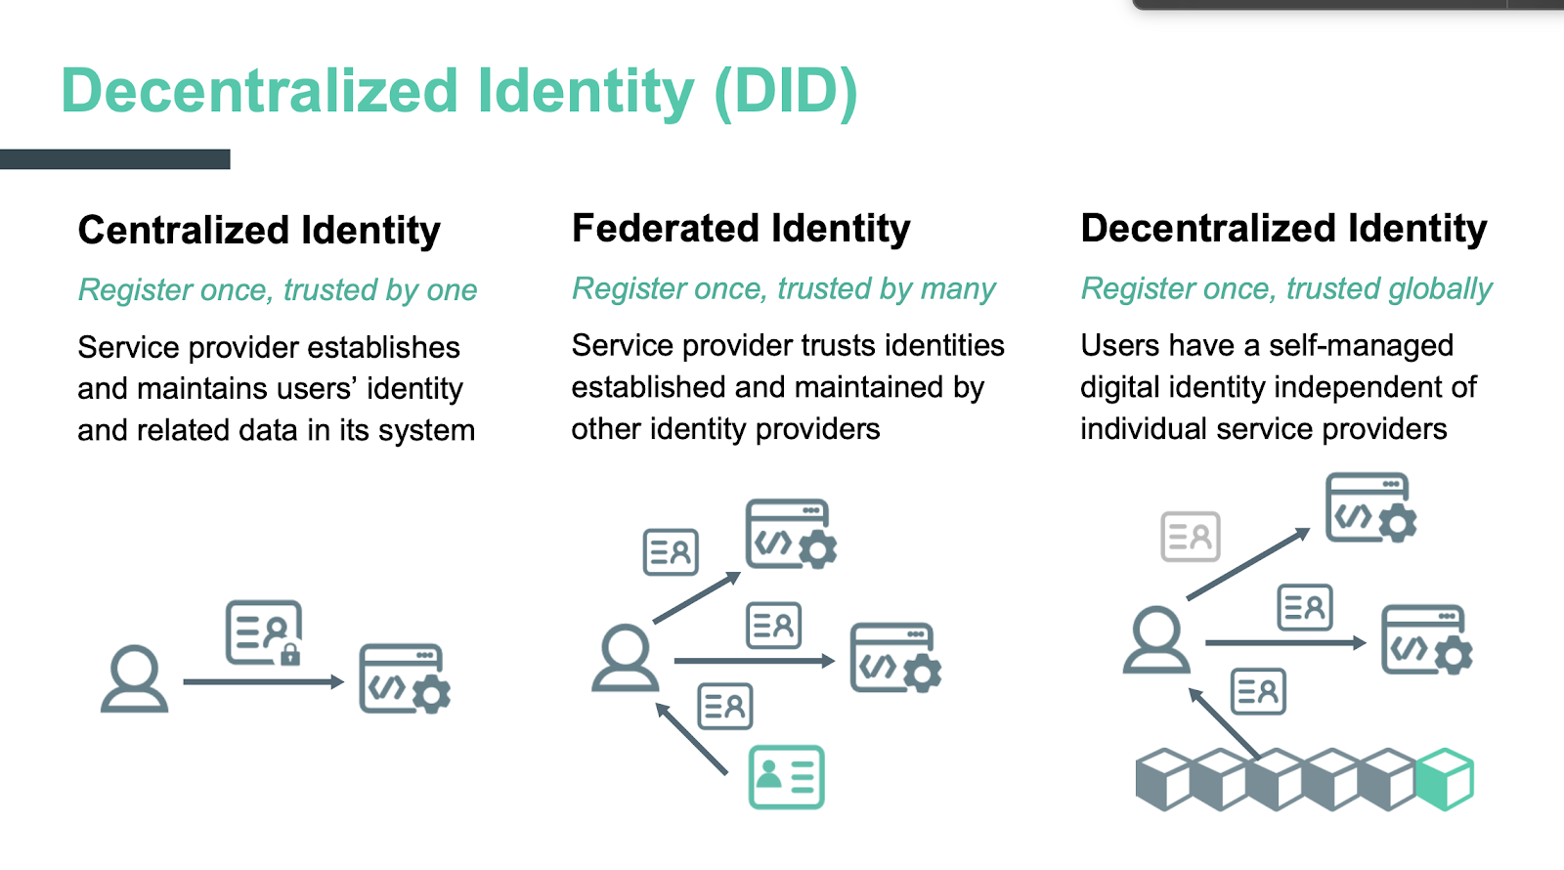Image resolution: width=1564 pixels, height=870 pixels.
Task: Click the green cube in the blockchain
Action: [1444, 779]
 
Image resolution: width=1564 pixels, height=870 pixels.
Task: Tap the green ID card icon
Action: [786, 777]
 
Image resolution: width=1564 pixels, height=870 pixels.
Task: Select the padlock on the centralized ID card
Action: [289, 654]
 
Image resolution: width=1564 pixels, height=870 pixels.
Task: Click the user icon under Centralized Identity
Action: [134, 678]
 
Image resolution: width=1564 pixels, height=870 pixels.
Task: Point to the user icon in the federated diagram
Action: [625, 658]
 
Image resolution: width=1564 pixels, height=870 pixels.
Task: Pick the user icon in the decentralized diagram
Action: [1156, 639]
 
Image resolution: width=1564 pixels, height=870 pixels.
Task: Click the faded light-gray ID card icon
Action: [1191, 537]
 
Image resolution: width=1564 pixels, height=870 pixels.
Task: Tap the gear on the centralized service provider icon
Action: [431, 693]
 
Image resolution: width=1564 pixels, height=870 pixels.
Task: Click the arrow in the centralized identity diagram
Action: [264, 681]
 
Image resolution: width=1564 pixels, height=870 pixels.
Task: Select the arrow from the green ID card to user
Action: [691, 738]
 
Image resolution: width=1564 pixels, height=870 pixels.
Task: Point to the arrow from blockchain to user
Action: [1224, 723]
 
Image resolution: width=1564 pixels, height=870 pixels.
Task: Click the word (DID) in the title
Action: [786, 92]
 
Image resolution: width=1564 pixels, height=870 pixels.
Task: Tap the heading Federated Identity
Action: [741, 229]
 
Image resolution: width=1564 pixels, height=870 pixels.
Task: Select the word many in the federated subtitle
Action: [957, 289]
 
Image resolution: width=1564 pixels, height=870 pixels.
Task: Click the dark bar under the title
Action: [115, 159]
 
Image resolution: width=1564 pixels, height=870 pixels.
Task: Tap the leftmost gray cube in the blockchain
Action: [1164, 779]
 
